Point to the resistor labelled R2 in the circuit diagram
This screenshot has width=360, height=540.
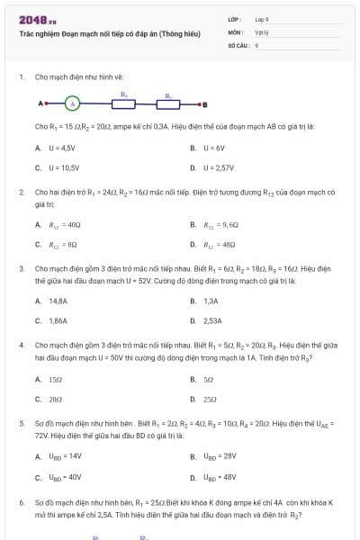(x=168, y=103)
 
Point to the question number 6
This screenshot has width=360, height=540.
(x=22, y=500)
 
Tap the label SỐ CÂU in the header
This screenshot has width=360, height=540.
(x=238, y=44)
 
